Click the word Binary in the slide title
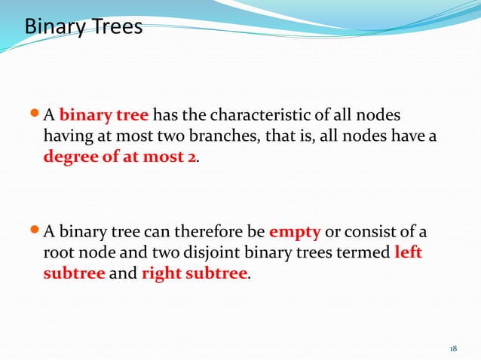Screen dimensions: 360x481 point(55,28)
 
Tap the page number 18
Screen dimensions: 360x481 point(453,348)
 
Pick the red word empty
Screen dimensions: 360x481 point(295,231)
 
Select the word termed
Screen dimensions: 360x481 point(365,252)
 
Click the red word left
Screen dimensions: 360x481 point(408,252)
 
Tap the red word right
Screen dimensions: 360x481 point(160,273)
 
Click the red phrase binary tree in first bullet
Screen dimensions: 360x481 point(104,116)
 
